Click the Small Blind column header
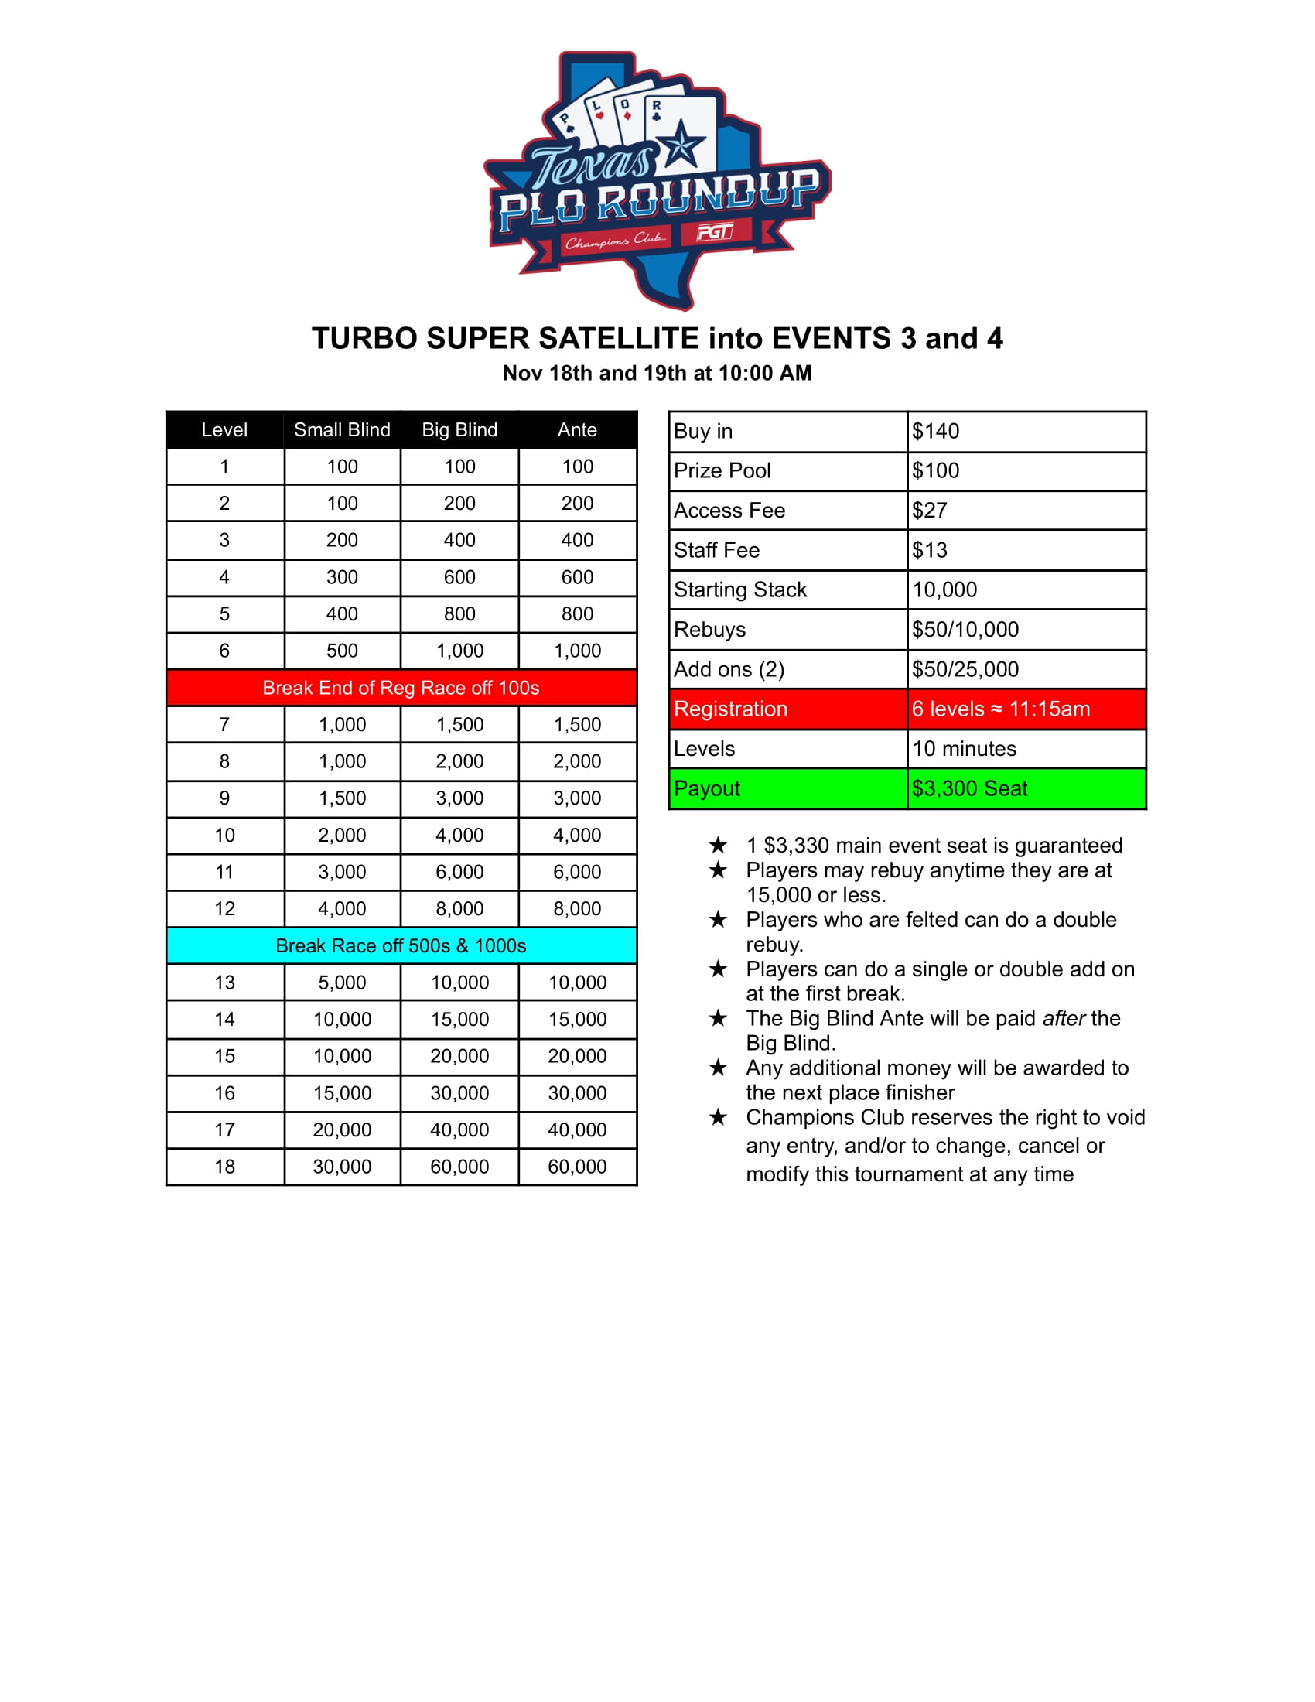pos(342,429)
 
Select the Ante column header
pos(576,429)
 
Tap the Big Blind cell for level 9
pos(459,798)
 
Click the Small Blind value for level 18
pos(342,1167)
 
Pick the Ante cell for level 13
pos(576,982)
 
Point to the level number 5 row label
pos(224,614)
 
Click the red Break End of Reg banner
pos(401,687)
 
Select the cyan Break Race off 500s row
pos(401,945)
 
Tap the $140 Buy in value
pos(936,431)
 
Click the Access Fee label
pos(729,511)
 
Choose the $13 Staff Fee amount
pos(929,550)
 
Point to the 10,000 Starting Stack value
pos(944,590)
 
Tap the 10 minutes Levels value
pos(964,749)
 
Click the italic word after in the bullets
pos(1064,1019)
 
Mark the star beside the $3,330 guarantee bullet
pos(718,846)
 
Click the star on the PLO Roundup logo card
pos(681,144)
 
